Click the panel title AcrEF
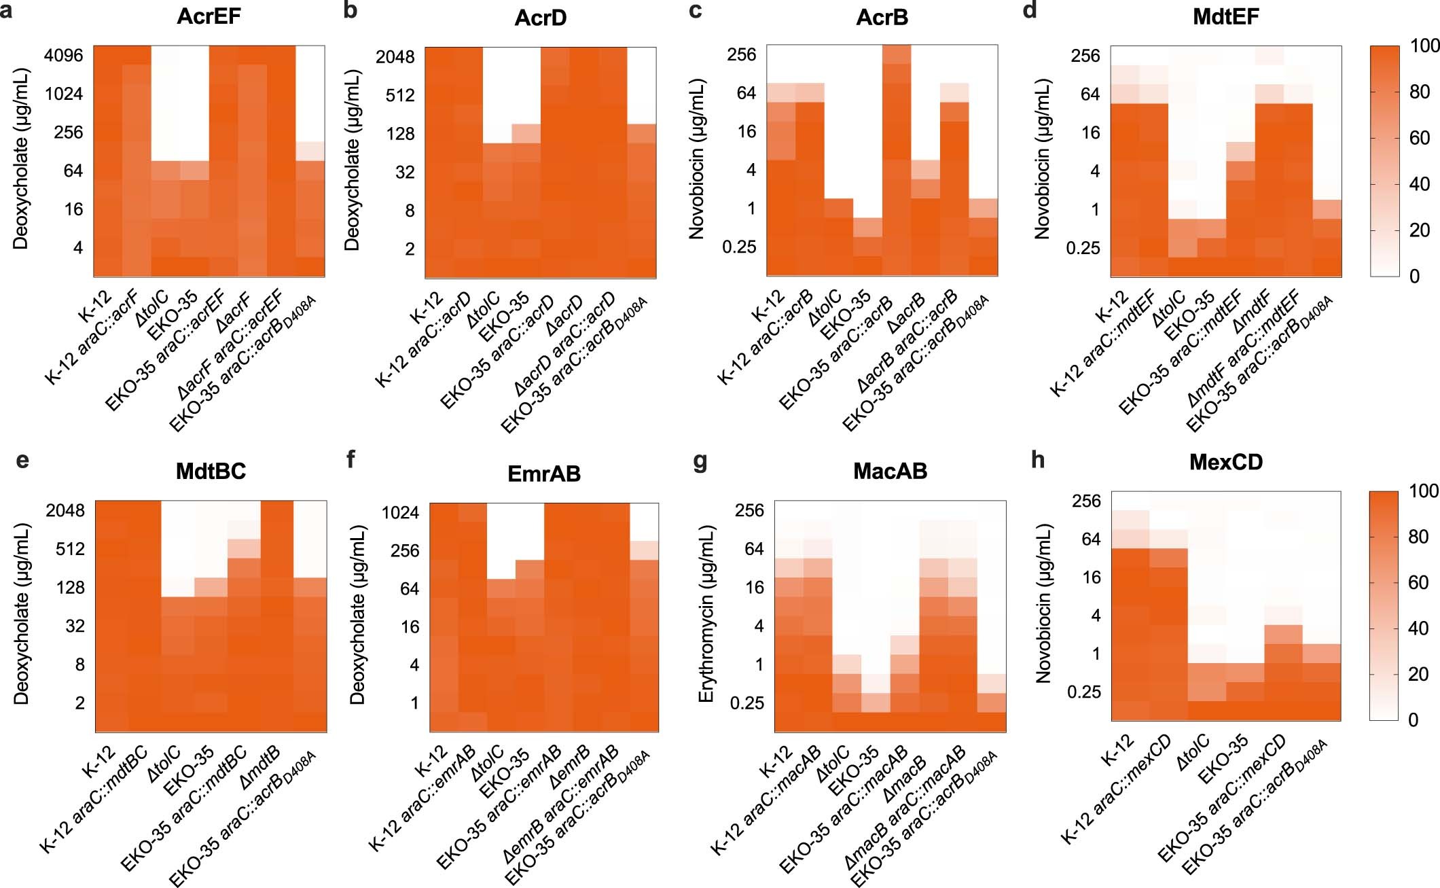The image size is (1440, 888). [x=209, y=16]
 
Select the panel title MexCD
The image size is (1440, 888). [x=1225, y=462]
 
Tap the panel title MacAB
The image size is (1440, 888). [x=890, y=471]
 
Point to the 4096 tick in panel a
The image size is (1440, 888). [x=63, y=55]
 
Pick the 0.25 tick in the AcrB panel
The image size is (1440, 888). [x=738, y=247]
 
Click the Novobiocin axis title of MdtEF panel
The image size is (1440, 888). [x=1042, y=159]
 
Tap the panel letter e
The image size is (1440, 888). [x=22, y=460]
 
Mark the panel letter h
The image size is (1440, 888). [x=1037, y=460]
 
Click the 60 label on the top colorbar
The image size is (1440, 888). [x=1420, y=138]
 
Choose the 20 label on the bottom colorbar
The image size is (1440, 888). [x=1418, y=674]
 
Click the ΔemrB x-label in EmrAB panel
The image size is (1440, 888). [x=569, y=767]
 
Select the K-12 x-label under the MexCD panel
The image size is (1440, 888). [x=1117, y=750]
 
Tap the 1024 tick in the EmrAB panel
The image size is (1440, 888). [x=400, y=512]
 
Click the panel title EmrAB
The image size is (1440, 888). [x=543, y=474]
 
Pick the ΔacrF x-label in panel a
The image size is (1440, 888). [x=233, y=313]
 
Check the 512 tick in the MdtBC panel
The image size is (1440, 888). [x=70, y=548]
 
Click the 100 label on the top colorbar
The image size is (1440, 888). [x=1424, y=46]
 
